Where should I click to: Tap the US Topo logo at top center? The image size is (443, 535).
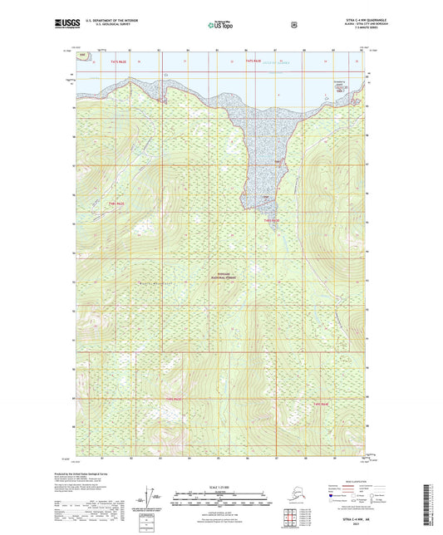click(x=220, y=25)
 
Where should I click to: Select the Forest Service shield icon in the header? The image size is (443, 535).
click(x=293, y=25)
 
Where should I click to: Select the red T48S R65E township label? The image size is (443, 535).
click(x=276, y=220)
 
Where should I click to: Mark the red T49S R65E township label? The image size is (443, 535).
click(x=321, y=404)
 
